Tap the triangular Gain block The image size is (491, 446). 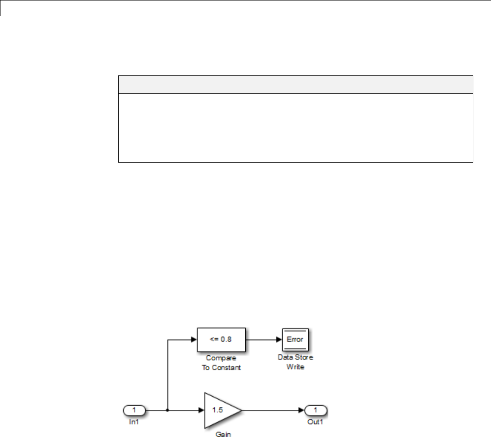point(220,410)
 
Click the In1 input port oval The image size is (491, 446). point(134,410)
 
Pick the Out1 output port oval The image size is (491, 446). point(316,410)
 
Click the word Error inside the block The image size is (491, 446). point(295,340)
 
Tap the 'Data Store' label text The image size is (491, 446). point(295,357)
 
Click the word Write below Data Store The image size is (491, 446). point(295,367)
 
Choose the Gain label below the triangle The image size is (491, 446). point(223,435)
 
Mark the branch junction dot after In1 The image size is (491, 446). point(168,410)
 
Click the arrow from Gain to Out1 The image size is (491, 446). point(273,410)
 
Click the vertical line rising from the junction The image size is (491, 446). point(168,375)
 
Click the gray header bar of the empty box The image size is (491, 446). point(295,84)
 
